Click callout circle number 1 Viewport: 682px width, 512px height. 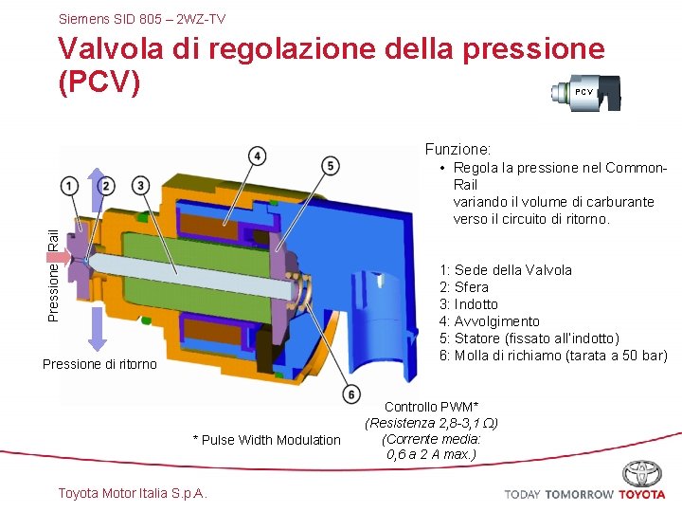pyautogui.click(x=70, y=184)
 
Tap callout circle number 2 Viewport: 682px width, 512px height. pyautogui.click(x=106, y=184)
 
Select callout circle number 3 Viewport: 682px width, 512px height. pyautogui.click(x=141, y=184)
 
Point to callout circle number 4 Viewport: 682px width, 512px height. pyautogui.click(x=257, y=155)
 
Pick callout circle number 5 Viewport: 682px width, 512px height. pyautogui.click(x=330, y=166)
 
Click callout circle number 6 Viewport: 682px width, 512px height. pyautogui.click(x=351, y=393)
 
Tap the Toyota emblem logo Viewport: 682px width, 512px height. pyautogui.click(x=642, y=473)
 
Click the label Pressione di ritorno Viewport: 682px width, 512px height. pyautogui.click(x=99, y=364)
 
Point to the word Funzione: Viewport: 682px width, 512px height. pyautogui.click(x=458, y=149)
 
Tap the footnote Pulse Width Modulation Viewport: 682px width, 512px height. pyautogui.click(x=266, y=439)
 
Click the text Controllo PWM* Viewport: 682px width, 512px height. pyautogui.click(x=431, y=407)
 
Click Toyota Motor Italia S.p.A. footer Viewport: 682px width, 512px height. pyautogui.click(x=133, y=492)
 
